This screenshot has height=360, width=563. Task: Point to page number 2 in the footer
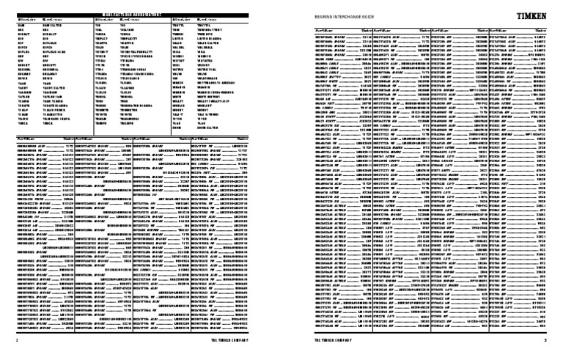click(16, 340)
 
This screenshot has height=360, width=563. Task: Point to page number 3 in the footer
click(545, 340)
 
